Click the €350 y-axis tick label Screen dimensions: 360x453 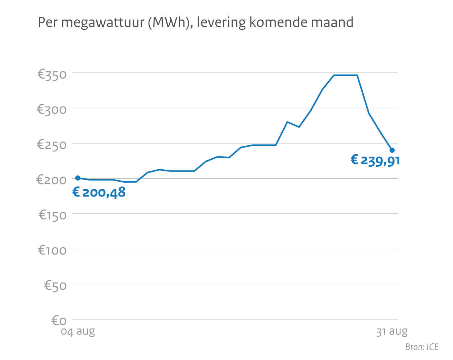(x=52, y=75)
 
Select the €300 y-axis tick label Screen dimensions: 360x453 (x=52, y=109)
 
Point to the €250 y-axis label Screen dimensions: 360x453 (x=52, y=145)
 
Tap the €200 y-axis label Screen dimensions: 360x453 (x=52, y=179)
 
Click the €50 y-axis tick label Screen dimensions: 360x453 (x=55, y=285)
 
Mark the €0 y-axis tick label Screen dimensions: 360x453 (x=59, y=320)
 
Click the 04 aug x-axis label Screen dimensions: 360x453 (x=78, y=331)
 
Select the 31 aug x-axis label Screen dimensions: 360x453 (x=392, y=331)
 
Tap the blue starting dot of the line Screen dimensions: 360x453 (x=78, y=178)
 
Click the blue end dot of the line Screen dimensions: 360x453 (x=392, y=150)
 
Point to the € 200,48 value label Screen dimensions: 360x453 (x=99, y=192)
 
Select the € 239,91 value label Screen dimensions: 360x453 (x=375, y=160)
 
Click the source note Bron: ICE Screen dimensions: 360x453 (x=421, y=347)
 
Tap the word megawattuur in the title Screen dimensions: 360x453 (x=103, y=23)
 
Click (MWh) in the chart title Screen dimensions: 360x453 (x=170, y=23)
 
